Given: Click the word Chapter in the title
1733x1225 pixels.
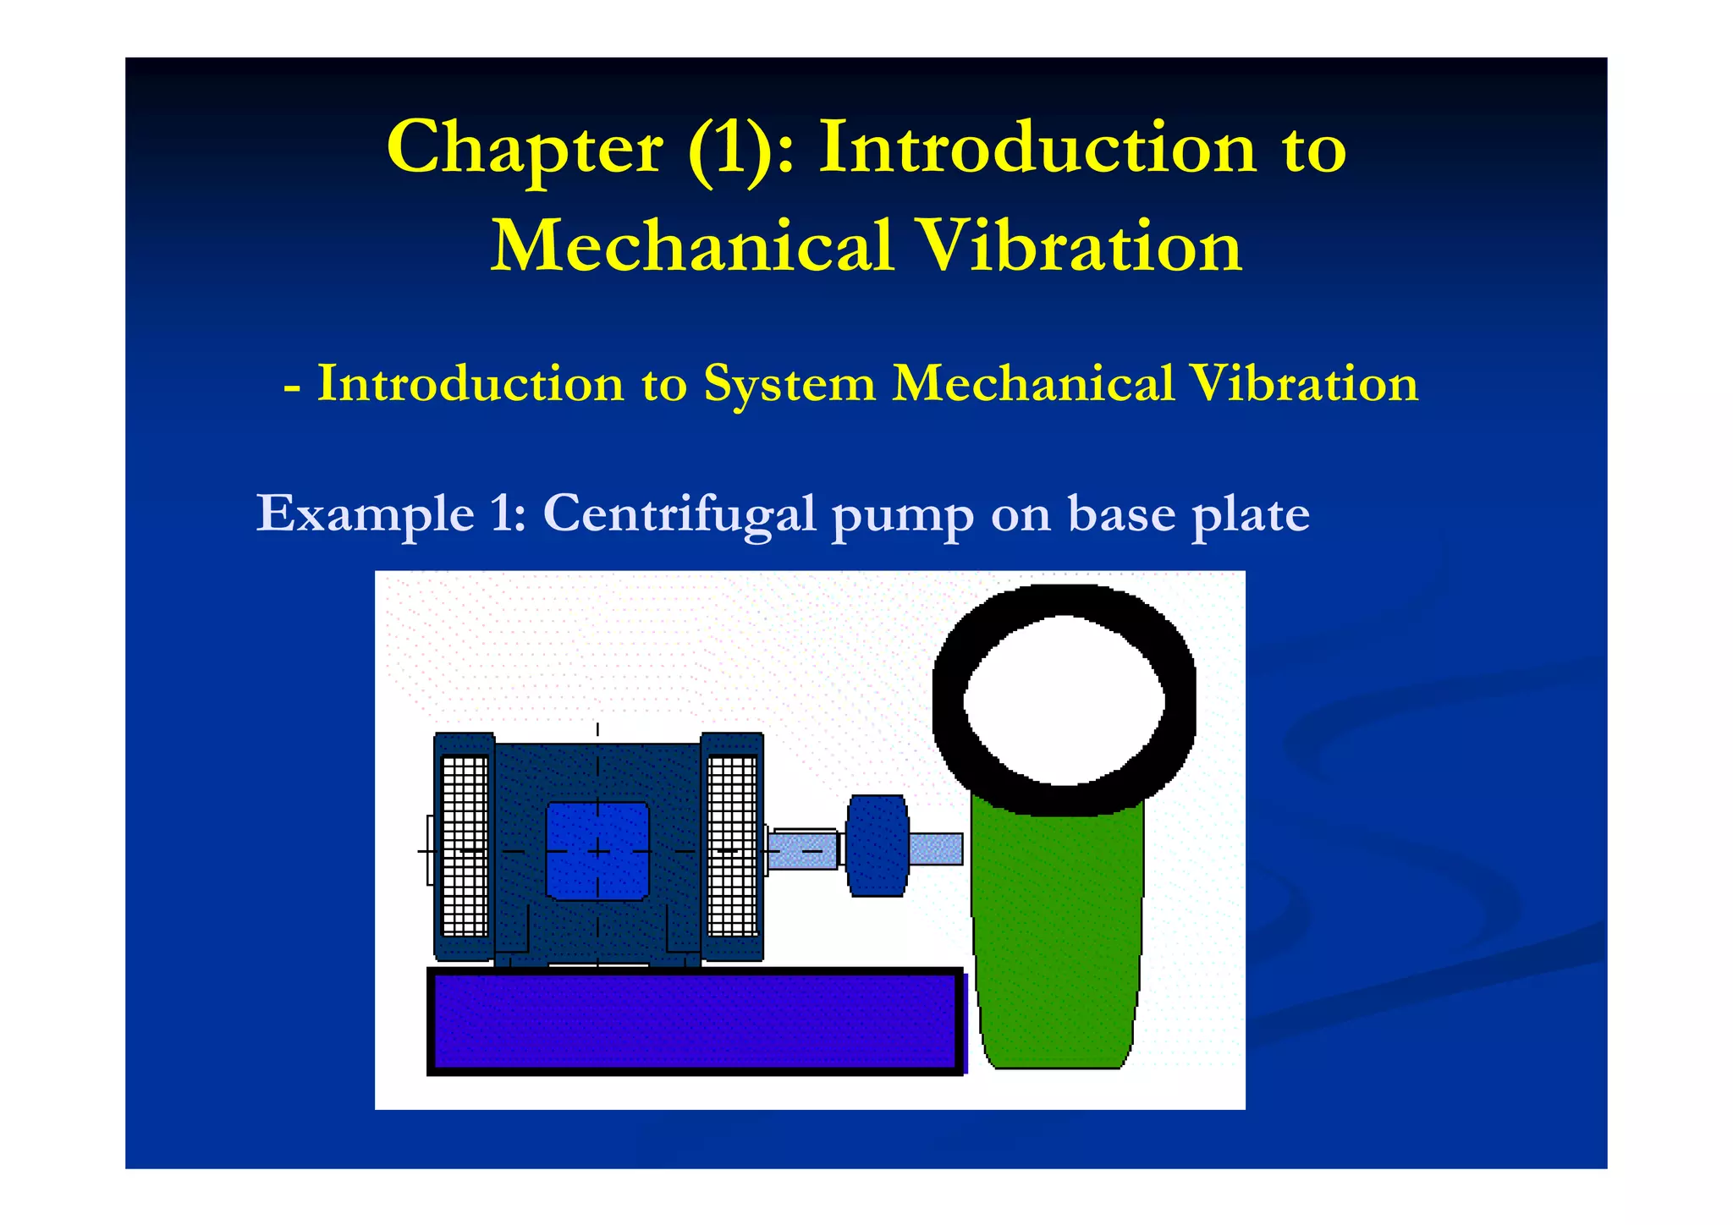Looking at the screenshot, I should point(525,150).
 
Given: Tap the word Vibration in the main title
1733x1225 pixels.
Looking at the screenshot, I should point(1081,246).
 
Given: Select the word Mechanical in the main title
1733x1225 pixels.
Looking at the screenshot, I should point(692,246).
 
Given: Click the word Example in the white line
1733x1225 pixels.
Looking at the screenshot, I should point(366,514).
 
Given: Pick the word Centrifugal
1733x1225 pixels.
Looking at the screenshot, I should point(679,514).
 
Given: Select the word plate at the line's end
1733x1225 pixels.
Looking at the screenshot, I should point(1250,514).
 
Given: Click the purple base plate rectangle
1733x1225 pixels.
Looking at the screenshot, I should point(694,1021).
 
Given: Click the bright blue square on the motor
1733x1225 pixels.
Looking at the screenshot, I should point(597,850).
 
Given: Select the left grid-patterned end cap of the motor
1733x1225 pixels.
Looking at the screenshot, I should point(465,846).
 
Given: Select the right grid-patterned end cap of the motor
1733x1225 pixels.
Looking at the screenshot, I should point(732,846).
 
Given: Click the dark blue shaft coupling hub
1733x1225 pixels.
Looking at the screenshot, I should point(878,845).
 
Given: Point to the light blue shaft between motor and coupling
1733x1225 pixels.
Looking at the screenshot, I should point(802,849).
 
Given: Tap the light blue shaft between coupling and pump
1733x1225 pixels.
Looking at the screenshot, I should point(936,849).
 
